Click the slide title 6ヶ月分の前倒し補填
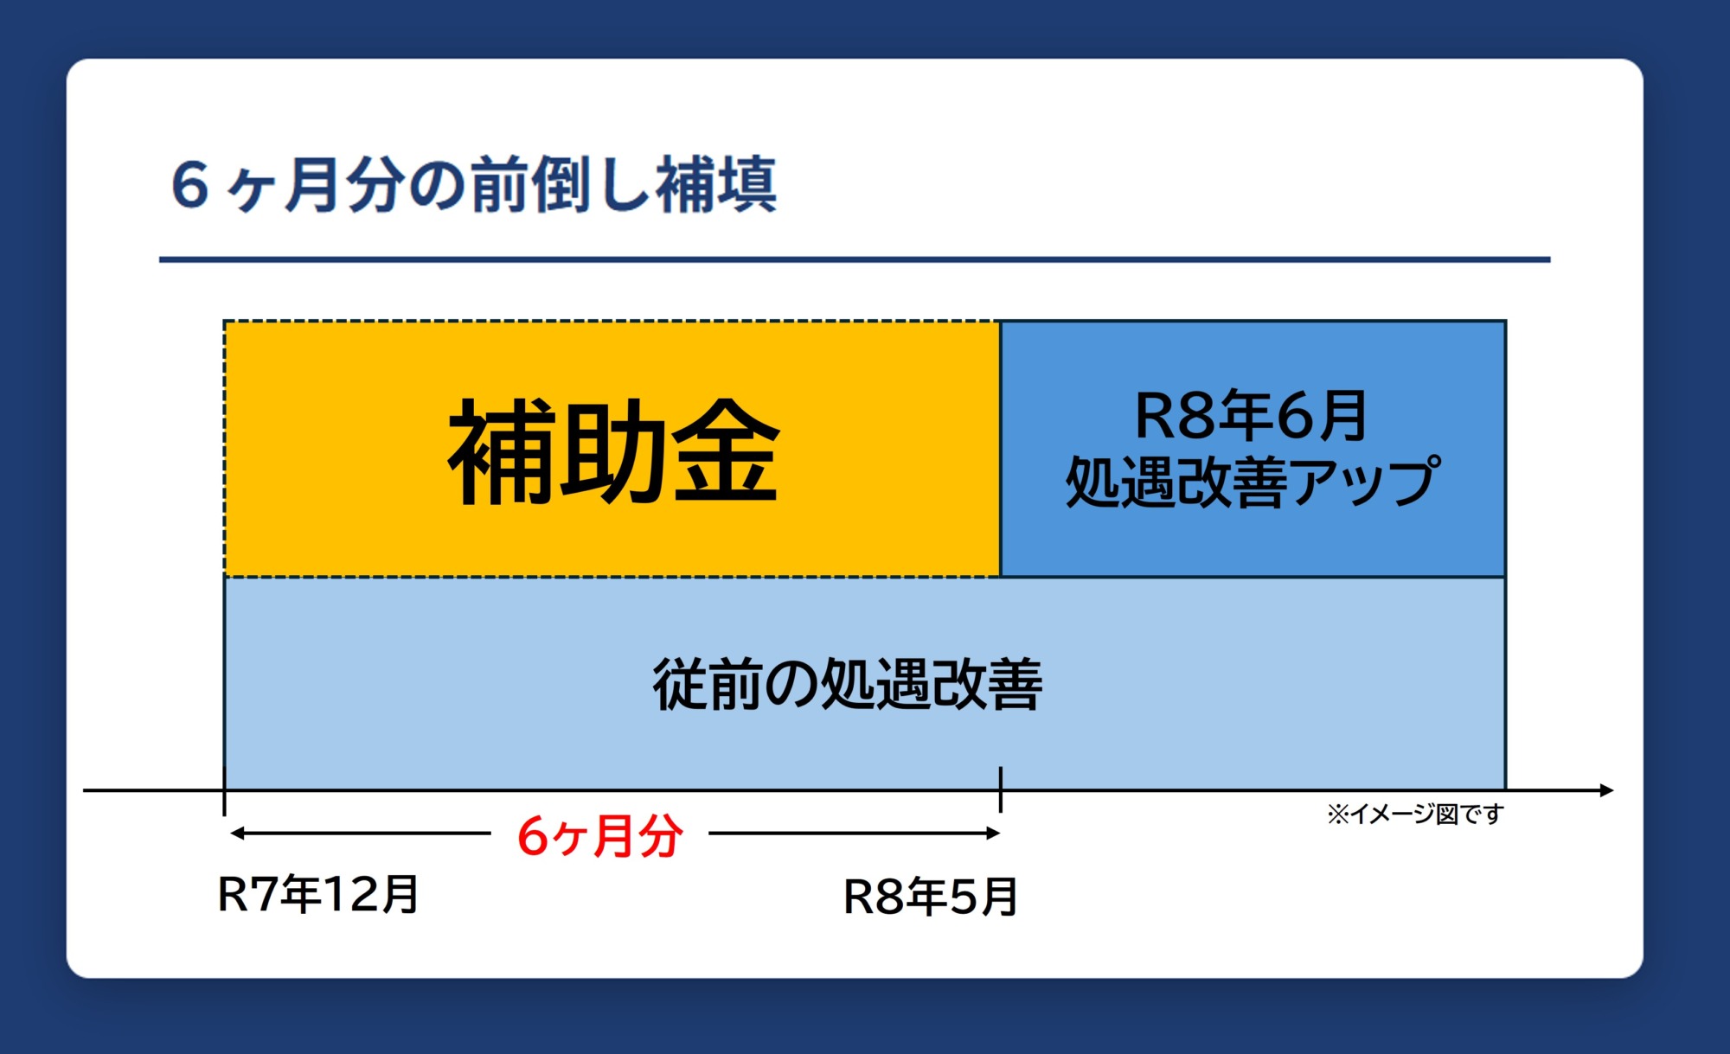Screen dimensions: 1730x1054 pos(474,184)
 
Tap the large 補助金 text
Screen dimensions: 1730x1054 pos(613,451)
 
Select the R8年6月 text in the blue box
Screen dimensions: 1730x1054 pos(1251,416)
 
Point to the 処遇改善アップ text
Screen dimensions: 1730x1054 pos(1253,482)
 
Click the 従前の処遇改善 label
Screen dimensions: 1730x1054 pos(848,684)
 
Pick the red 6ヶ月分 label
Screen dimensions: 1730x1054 pos(600,836)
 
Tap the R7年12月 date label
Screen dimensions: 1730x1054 pos(318,894)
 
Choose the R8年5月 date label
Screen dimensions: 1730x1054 pos(931,897)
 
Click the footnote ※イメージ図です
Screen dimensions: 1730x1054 pos(1415,814)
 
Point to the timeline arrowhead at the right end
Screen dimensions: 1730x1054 pos(1606,790)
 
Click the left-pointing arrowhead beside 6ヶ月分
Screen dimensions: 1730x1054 pos(238,834)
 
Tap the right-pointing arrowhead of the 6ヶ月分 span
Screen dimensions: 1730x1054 pos(992,834)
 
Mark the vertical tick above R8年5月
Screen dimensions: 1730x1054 pos(1001,789)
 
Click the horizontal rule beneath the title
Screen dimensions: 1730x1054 pos(855,259)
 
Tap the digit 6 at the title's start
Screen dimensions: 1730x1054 pos(190,184)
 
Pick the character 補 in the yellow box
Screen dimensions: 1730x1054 pos(502,451)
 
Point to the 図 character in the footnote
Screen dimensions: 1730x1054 pos(1446,814)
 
